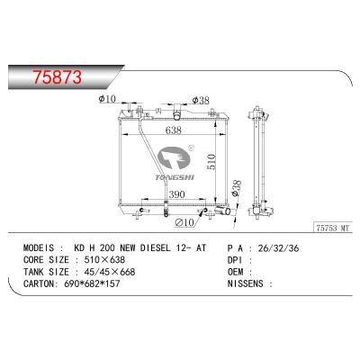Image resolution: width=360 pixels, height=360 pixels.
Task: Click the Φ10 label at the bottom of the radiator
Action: tap(184, 221)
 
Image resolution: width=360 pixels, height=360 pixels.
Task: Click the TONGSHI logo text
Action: tap(173, 176)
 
